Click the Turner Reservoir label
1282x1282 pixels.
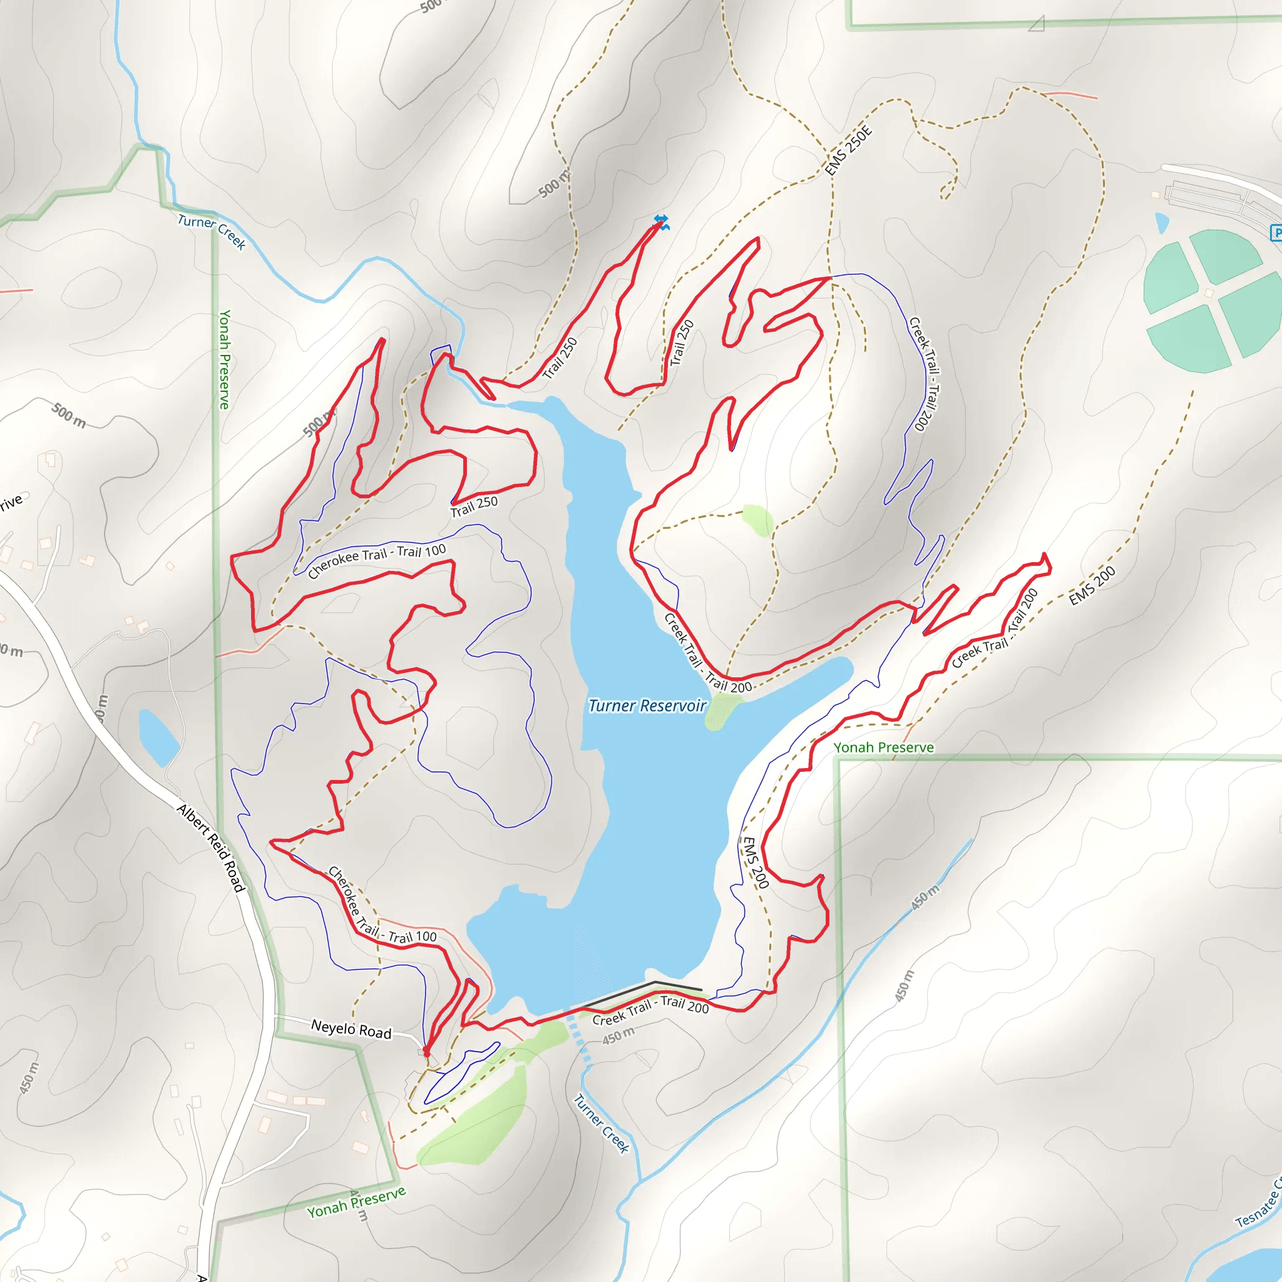point(647,706)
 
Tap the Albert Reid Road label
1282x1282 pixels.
point(211,848)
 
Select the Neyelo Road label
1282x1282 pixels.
point(351,1029)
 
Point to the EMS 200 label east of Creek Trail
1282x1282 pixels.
point(1092,586)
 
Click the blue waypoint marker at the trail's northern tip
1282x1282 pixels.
point(661,222)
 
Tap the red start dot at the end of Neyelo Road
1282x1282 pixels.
point(426,1052)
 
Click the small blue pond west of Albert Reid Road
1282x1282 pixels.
point(158,737)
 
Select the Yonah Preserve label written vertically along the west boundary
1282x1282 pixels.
point(224,359)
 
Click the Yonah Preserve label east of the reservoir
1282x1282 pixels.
point(883,748)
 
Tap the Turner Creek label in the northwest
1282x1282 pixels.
point(212,232)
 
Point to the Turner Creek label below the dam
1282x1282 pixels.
point(601,1124)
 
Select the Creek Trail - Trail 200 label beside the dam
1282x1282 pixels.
point(650,1010)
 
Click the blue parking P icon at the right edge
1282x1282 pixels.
point(1276,233)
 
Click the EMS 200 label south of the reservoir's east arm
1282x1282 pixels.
point(755,863)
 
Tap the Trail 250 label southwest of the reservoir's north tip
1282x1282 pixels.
point(474,506)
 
